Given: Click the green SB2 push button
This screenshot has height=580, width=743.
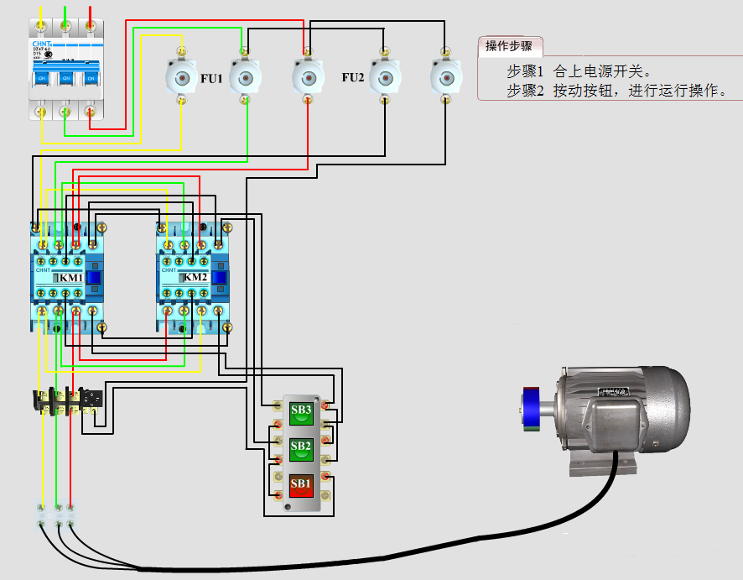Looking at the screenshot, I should tap(301, 447).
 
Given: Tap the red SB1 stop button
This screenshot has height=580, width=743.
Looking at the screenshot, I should tap(301, 483).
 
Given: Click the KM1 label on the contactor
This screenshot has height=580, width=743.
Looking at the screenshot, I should tap(70, 278).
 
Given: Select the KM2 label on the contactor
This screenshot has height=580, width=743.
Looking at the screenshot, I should tap(195, 278).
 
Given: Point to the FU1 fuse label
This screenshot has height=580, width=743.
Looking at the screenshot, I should tap(211, 78).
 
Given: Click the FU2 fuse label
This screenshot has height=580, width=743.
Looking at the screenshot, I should tap(353, 78).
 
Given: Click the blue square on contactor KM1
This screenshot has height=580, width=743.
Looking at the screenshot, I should tap(95, 279).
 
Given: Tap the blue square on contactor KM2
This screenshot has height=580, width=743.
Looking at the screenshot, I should tap(221, 279).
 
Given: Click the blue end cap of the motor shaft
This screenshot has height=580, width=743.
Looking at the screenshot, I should tap(529, 409).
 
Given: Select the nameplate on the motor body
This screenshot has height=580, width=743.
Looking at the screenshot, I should tap(615, 391).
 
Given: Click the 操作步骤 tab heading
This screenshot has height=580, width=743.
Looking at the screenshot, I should tap(508, 45).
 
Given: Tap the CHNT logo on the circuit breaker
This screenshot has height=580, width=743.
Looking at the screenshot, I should tap(42, 43).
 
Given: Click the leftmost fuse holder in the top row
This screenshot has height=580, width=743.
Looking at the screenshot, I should tap(180, 78).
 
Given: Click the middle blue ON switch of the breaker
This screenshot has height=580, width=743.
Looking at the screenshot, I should tap(65, 78).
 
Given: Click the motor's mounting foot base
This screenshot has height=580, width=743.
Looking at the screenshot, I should tap(600, 462).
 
